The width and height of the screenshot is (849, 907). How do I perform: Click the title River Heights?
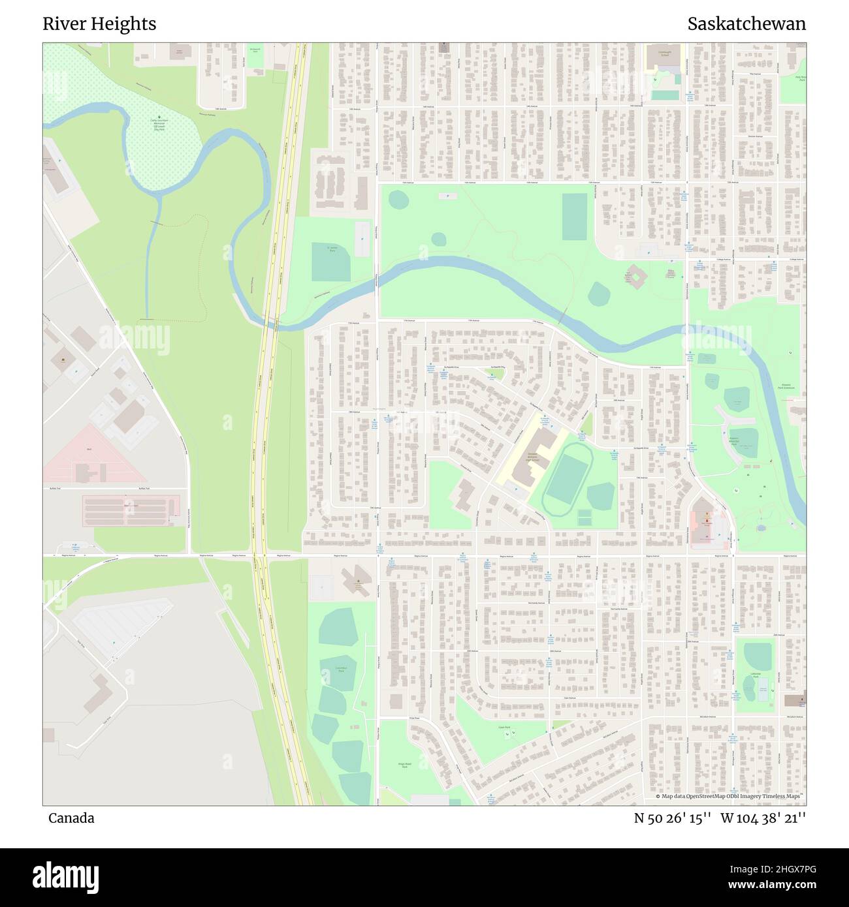pos(99,24)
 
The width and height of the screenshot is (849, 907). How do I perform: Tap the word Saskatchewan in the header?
pos(746,24)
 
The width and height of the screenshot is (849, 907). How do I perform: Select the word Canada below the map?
pos(71,818)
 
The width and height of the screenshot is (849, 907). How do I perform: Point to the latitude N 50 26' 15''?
pos(673,818)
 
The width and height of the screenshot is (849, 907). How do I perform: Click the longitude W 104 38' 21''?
pos(763,818)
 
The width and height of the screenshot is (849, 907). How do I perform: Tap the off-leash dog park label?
pos(159,125)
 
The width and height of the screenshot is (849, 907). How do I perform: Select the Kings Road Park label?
pos(403,765)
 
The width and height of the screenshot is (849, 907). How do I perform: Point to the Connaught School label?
pos(664,54)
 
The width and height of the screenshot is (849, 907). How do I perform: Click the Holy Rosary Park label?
pos(801,78)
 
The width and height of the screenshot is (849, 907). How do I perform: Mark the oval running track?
pos(568,480)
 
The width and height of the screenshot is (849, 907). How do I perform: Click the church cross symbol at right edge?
pos(795,700)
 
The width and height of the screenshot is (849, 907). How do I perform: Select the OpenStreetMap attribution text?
pos(730,796)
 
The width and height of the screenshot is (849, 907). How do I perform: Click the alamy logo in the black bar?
pos(65,876)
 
